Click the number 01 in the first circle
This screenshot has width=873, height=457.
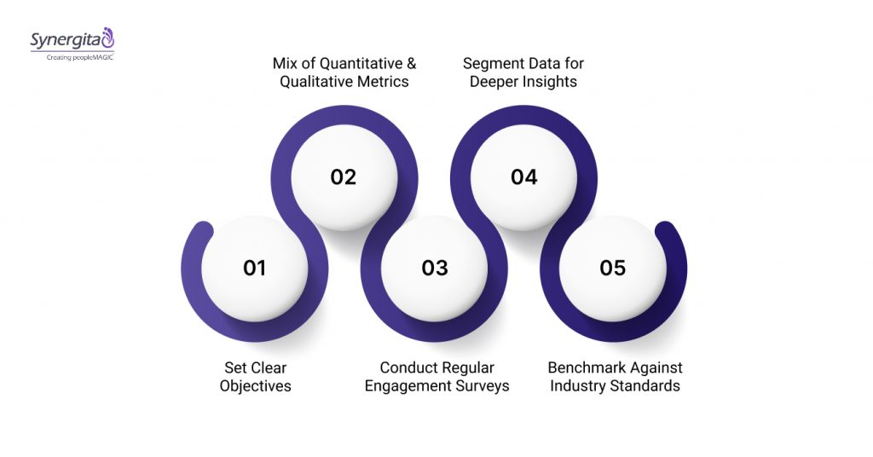(254, 268)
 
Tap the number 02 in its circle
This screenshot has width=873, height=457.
(343, 177)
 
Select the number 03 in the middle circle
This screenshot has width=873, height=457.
(435, 268)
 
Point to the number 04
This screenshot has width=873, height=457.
(524, 177)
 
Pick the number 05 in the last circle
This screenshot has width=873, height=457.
(612, 268)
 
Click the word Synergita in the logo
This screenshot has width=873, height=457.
(65, 40)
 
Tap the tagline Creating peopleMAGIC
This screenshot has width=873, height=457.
(74, 56)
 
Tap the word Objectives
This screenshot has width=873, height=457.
(255, 386)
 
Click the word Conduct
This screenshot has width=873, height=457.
(408, 367)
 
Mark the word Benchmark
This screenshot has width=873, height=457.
(586, 367)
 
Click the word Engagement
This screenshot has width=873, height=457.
(406, 386)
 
